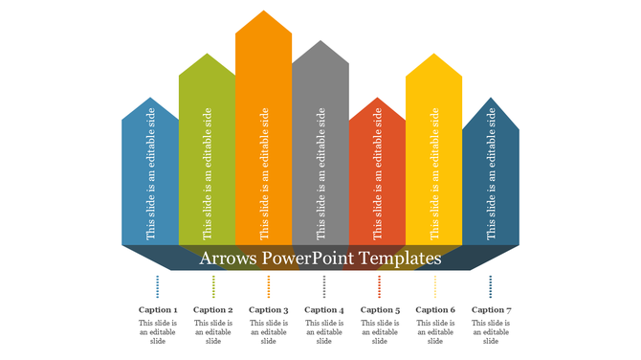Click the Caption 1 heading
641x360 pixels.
158,310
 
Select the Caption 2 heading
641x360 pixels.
213,310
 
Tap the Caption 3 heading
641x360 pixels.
269,310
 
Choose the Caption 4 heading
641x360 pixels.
324,310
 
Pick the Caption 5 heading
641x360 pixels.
380,310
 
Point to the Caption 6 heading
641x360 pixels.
435,310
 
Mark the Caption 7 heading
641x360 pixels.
491,310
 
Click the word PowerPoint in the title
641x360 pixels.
307,259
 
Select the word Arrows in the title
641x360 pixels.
228,259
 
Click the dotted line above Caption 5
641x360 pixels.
380,286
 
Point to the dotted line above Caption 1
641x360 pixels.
158,286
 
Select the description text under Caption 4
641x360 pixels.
324,332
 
